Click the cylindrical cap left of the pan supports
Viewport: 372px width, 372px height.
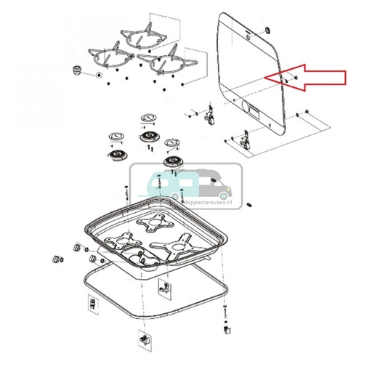point(76,70)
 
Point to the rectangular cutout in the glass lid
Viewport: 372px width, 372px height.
point(254,111)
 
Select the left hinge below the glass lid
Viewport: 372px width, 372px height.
point(211,114)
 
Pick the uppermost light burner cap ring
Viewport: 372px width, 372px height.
point(147,117)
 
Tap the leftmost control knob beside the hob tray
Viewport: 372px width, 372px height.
point(54,259)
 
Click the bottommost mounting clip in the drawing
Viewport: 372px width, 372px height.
point(142,339)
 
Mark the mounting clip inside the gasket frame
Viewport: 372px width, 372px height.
point(163,286)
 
